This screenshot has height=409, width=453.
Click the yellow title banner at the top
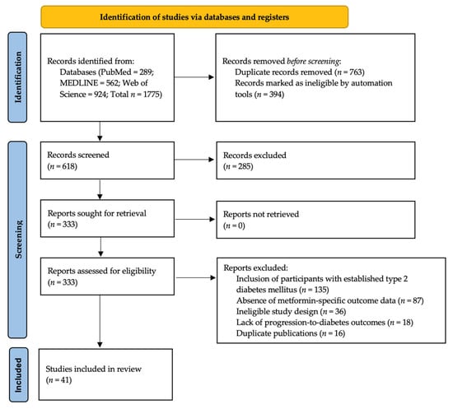(x=194, y=17)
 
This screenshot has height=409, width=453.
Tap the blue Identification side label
(x=17, y=77)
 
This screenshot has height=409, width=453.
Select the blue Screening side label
(x=17, y=239)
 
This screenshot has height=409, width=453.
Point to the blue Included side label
(x=18, y=374)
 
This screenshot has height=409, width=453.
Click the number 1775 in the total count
(x=152, y=95)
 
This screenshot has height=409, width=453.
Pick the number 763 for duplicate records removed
(x=356, y=72)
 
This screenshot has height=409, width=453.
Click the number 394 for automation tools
(x=275, y=95)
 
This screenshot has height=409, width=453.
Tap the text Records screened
(x=78, y=155)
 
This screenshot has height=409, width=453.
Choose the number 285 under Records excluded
(x=244, y=166)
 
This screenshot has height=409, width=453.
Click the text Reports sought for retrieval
(x=97, y=213)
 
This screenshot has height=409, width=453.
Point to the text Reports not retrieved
(x=261, y=214)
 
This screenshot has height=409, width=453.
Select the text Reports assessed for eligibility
(x=101, y=271)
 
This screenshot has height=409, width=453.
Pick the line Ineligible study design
(x=291, y=311)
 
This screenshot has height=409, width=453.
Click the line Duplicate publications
(x=291, y=333)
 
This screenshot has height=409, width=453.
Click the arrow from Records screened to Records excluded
(x=194, y=160)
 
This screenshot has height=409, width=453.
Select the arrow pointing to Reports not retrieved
(x=194, y=220)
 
